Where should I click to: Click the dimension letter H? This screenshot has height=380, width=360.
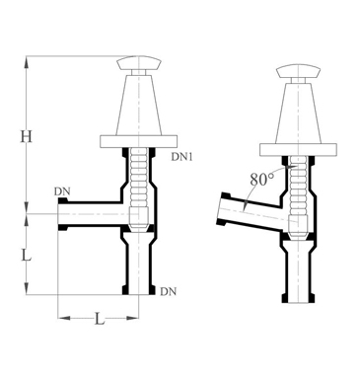[x=27, y=136]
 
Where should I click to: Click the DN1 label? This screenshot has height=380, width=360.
[x=181, y=157]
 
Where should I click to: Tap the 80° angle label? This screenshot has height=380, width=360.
[x=262, y=180]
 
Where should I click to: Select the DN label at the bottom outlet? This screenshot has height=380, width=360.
[x=169, y=291]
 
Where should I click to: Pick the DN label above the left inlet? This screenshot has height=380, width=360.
[x=62, y=191]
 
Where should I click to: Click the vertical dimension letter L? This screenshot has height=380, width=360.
[x=26, y=255]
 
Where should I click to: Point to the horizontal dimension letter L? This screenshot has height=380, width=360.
[x=99, y=319]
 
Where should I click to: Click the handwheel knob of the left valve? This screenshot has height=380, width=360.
[x=139, y=63]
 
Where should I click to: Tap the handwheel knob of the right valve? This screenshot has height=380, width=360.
[x=298, y=72]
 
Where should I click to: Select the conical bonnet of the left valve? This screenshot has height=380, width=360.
[x=139, y=105]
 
